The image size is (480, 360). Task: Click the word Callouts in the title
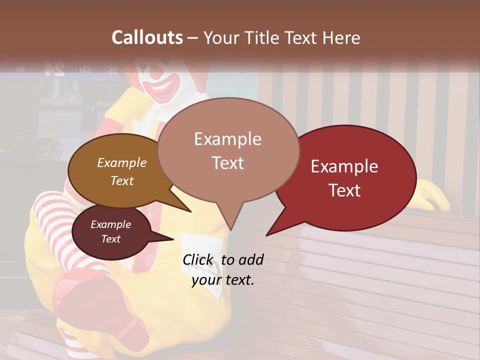147,37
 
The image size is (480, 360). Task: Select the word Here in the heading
340,37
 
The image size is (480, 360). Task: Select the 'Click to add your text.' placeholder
223,269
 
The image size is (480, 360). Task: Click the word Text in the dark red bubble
345,190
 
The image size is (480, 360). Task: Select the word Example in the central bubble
227,139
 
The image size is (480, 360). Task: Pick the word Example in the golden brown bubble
122,162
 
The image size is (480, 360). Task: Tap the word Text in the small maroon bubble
111,239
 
